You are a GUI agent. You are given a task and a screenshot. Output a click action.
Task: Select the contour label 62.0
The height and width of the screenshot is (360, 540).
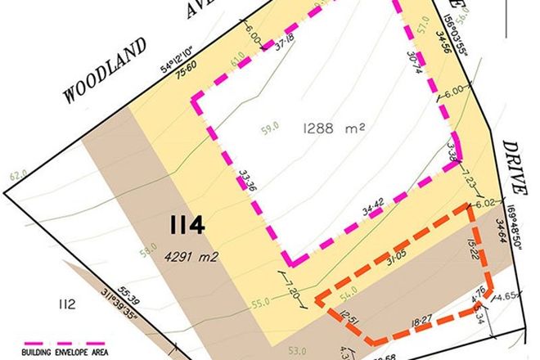pos(17,174)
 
